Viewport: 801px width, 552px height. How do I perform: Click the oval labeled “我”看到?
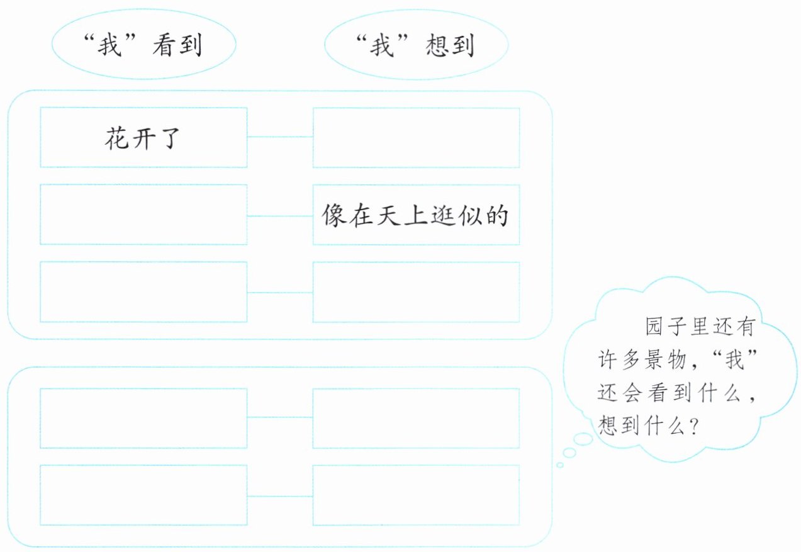coord(143,46)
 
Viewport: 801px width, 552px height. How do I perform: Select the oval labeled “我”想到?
coord(417,46)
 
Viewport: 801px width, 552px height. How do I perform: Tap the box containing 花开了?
coord(143,137)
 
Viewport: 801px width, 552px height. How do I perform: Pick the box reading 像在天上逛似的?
coord(416,215)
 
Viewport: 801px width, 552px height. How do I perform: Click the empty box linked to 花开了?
coord(416,137)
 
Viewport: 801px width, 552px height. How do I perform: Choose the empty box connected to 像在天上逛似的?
coord(143,215)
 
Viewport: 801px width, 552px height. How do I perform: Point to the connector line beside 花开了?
coord(280,137)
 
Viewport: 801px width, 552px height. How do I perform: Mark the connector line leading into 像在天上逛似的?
coord(280,215)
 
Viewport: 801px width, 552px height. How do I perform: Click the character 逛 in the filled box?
coord(441,216)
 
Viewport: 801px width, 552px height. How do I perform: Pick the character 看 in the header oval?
coord(163,46)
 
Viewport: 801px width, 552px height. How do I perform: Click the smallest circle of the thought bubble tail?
coord(559,465)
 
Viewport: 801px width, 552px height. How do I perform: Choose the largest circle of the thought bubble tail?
coord(583,439)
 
